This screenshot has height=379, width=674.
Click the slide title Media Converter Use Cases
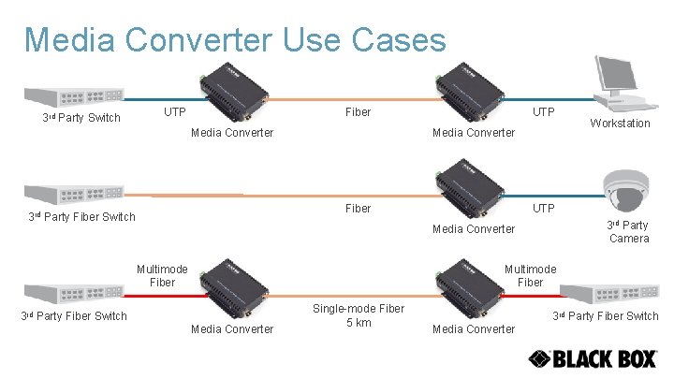coord(235,39)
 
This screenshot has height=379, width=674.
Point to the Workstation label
coord(620,124)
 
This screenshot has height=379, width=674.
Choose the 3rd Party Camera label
coord(628,231)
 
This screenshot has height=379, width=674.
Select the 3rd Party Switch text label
coord(81,118)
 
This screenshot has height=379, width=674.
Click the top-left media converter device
coord(232,92)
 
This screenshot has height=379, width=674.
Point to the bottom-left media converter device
coord(232,287)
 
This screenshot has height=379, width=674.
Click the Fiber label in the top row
coord(359,112)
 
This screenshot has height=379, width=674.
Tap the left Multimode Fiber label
coord(162,274)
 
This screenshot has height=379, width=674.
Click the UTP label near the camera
coord(544,208)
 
